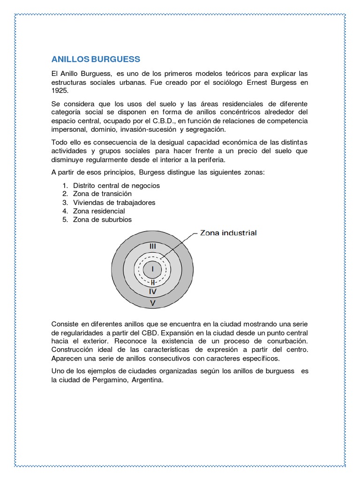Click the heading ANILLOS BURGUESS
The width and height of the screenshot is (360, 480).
(x=96, y=60)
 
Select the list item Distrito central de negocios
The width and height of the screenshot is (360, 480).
(x=116, y=185)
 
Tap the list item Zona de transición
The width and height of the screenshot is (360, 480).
(x=102, y=194)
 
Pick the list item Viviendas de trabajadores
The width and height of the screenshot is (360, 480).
(x=114, y=202)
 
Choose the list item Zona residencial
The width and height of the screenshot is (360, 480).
(x=99, y=211)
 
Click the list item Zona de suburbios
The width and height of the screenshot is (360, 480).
(x=102, y=219)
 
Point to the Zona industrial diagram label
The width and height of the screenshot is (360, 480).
(x=228, y=233)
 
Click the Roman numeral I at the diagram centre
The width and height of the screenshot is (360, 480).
(x=152, y=270)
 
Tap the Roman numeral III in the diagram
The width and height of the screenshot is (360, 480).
(x=152, y=246)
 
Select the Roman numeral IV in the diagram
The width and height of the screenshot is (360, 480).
(x=152, y=291)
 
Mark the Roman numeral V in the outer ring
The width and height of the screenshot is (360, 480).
(x=152, y=303)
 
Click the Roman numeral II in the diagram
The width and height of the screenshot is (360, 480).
(x=152, y=283)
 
